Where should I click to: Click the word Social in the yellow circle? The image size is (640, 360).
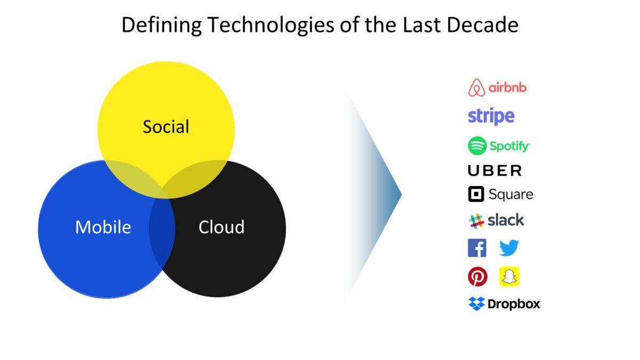(166, 126)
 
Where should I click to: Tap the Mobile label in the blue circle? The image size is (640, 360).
(103, 227)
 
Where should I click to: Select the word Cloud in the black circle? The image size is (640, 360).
(221, 227)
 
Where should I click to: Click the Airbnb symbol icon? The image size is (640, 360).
(477, 87)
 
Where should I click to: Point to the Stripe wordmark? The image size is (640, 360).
(491, 116)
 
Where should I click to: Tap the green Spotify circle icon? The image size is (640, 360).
(477, 146)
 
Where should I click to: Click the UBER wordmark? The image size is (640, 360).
(494, 171)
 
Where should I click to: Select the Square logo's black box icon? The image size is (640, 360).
(476, 194)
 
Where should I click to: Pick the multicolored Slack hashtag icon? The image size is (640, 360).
(476, 221)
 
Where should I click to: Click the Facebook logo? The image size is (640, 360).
(477, 248)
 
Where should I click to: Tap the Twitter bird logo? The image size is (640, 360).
(509, 247)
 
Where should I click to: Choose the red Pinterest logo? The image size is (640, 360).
(478, 277)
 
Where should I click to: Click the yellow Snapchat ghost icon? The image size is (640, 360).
(509, 277)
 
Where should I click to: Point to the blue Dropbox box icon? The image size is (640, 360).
(477, 303)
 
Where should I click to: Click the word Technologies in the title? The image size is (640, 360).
(271, 25)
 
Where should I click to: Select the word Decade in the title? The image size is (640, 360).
(483, 25)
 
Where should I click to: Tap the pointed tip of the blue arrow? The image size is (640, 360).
(401, 195)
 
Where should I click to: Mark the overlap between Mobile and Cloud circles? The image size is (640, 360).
(162, 229)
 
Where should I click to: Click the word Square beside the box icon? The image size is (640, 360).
(511, 195)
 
